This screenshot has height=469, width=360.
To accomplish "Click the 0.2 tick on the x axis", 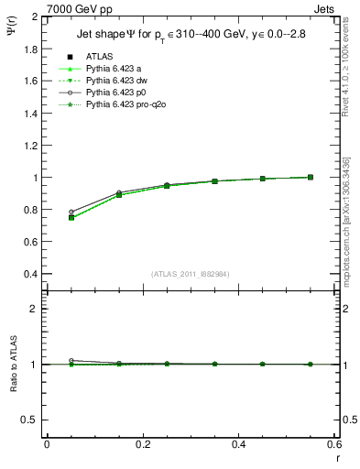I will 143,444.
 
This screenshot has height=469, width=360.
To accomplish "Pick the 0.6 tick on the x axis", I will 335,444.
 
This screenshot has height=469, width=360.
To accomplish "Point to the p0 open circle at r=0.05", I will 71,212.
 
